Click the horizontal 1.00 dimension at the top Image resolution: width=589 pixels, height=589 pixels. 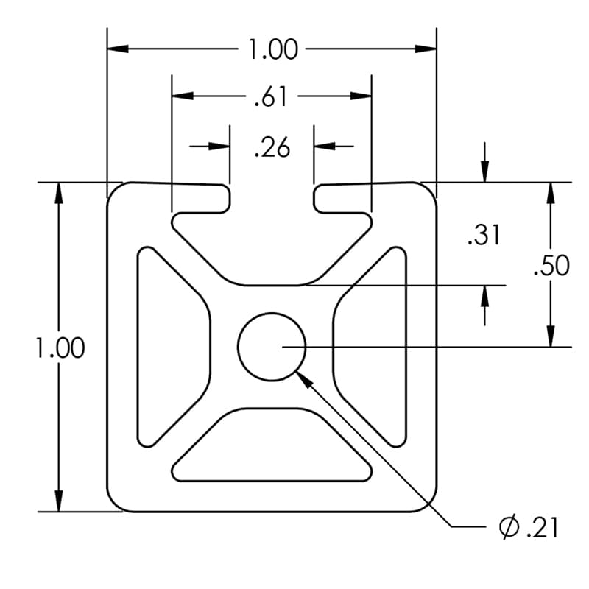(x=272, y=50)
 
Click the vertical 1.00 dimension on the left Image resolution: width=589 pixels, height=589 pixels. (x=60, y=348)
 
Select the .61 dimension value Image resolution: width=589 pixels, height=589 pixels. (x=271, y=96)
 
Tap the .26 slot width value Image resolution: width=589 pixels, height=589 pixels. (x=272, y=148)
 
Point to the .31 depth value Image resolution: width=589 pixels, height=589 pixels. (x=484, y=236)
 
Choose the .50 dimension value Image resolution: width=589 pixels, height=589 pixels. (x=551, y=266)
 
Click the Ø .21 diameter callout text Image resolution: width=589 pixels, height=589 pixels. (x=528, y=527)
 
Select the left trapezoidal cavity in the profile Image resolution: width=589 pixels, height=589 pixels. (x=169, y=346)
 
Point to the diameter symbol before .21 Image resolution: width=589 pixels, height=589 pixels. (x=508, y=527)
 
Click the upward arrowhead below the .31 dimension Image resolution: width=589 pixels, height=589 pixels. (x=484, y=294)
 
